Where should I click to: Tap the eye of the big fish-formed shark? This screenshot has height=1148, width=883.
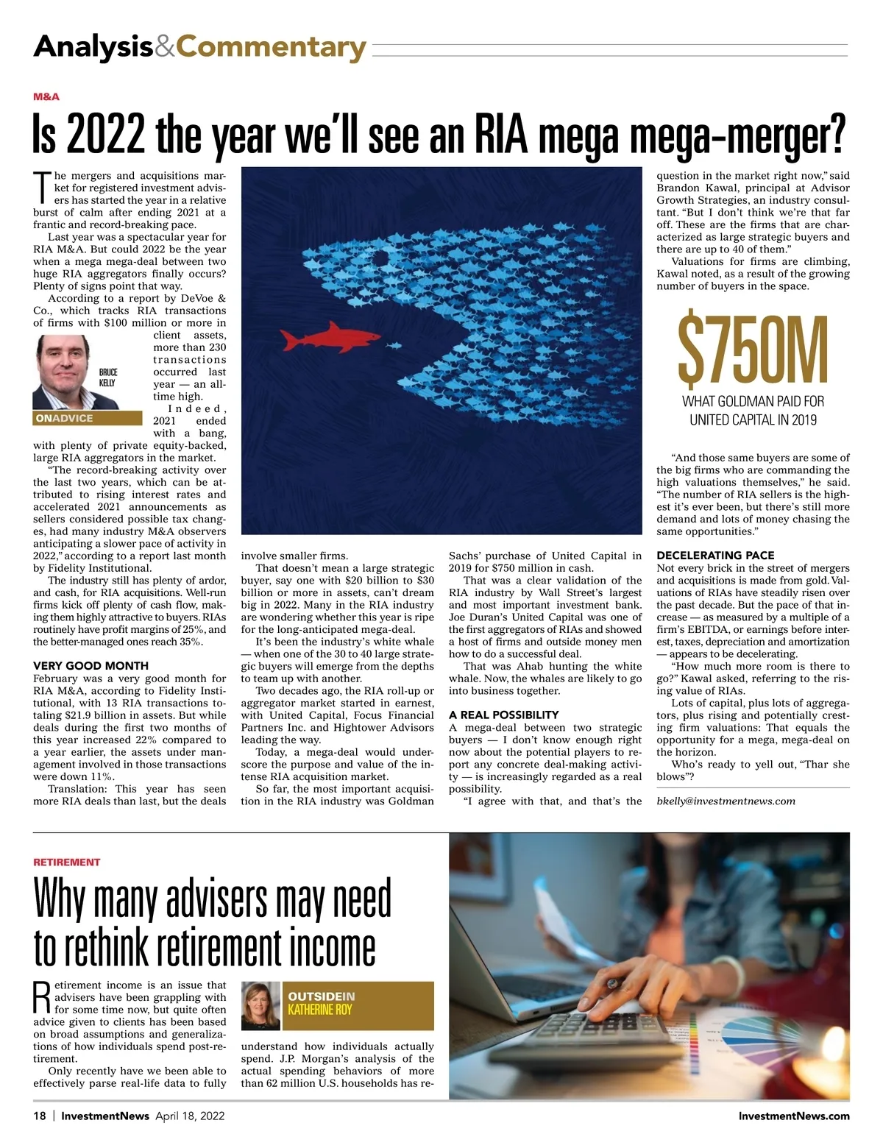[378, 259]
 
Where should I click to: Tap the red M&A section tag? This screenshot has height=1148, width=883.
[46, 97]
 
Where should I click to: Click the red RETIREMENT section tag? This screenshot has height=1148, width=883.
[66, 862]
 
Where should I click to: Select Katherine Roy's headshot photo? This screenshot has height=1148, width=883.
[260, 1005]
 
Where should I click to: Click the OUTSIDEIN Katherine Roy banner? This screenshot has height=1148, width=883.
[359, 1005]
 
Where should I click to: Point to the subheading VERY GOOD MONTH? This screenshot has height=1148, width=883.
[91, 666]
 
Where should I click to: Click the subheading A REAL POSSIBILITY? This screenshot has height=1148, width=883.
[503, 715]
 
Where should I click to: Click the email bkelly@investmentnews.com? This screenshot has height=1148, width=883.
[726, 801]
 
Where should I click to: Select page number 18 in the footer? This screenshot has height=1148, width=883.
[40, 1116]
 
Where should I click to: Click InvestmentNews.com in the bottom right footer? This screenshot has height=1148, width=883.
[793, 1116]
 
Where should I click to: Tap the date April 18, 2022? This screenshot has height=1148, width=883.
[190, 1116]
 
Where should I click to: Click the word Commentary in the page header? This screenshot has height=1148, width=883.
[271, 47]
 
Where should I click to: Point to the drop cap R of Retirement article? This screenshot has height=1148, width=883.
[42, 997]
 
